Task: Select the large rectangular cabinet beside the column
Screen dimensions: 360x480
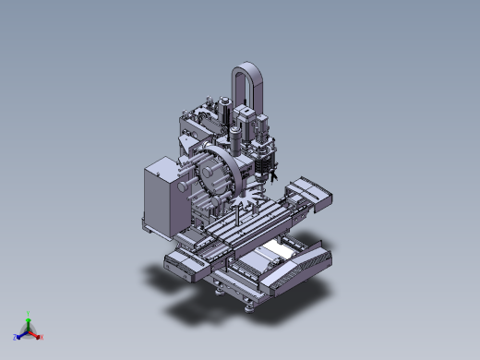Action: click(160, 197)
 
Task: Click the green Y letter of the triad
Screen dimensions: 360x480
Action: click(29, 313)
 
